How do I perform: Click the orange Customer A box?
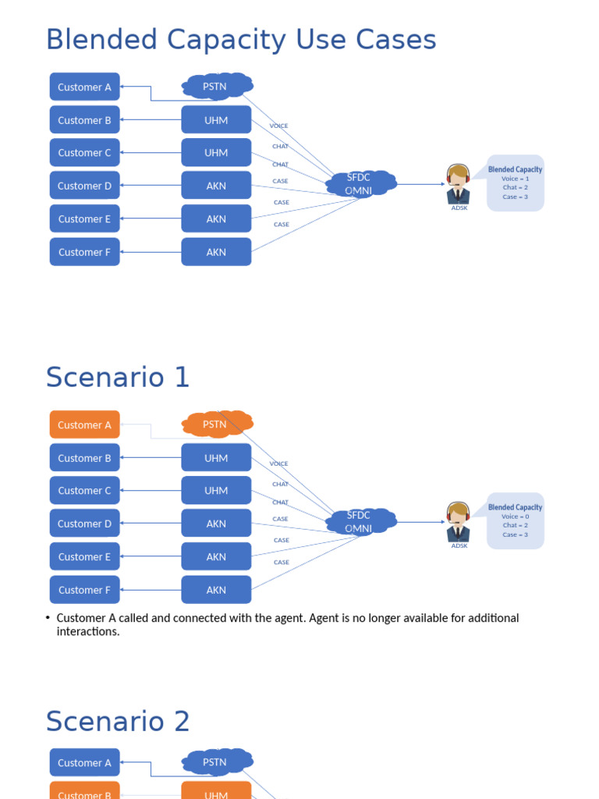tap(84, 424)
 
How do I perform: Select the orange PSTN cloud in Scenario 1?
tap(218, 424)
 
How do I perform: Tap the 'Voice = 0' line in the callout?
tap(515, 517)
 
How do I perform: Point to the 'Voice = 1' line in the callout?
tap(515, 179)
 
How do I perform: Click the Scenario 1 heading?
tap(118, 377)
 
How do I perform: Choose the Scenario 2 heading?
tap(118, 721)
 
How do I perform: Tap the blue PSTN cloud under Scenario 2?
tap(218, 762)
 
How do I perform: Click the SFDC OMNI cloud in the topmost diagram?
tap(360, 184)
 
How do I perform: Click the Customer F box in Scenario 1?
tap(84, 590)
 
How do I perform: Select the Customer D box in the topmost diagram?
tap(84, 186)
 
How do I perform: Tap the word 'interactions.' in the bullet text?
tap(88, 631)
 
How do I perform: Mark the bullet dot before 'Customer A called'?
tap(48, 618)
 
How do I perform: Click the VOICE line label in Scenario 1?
tap(278, 463)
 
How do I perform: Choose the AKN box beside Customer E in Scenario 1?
tap(216, 556)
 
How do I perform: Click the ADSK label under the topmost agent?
tap(459, 208)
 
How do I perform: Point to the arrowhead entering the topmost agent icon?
tap(443, 184)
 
